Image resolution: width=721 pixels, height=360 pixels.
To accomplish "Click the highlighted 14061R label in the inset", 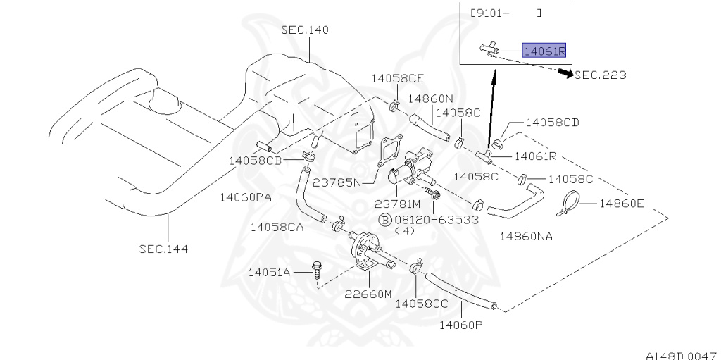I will point(544,50).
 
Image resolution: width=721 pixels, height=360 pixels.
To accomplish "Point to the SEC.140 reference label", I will point(305,30).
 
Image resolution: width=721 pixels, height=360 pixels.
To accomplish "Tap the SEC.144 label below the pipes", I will point(163,248).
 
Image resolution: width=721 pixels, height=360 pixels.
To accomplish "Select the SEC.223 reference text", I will point(601,75).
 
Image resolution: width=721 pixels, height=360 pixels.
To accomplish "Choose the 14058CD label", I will point(552,122).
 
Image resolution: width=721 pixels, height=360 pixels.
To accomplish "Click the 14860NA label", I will point(526,236).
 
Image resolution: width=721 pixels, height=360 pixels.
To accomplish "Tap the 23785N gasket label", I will point(337,182).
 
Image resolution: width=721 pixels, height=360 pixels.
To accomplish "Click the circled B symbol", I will point(385,219).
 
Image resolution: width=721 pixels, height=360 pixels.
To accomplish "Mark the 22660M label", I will point(368,294).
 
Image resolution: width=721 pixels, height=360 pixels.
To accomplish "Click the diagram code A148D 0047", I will point(681,355).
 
